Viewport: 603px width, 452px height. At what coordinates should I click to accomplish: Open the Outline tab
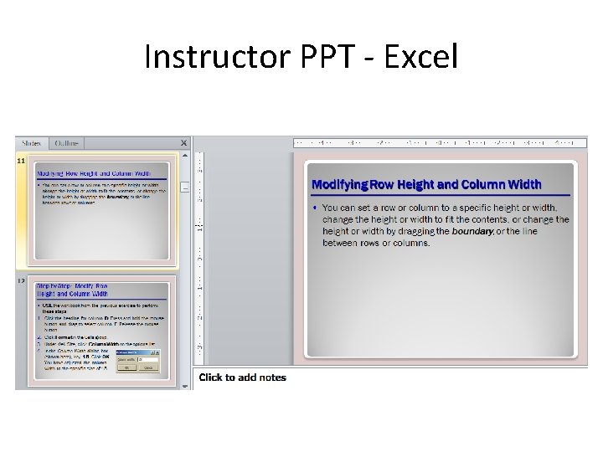click(68, 143)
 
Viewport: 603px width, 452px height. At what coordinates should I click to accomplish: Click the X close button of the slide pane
click(184, 143)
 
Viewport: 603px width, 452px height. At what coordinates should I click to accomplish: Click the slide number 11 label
click(21, 160)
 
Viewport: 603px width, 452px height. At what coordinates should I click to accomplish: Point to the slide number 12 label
click(21, 282)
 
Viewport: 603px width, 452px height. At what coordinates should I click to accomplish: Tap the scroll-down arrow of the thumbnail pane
click(185, 385)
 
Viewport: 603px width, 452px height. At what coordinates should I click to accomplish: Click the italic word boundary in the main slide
click(472, 231)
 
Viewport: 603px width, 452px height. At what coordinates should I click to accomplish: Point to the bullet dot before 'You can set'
click(315, 207)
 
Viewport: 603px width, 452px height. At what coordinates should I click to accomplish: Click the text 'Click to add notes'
click(242, 378)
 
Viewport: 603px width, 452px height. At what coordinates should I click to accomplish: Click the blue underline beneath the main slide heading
click(440, 195)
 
